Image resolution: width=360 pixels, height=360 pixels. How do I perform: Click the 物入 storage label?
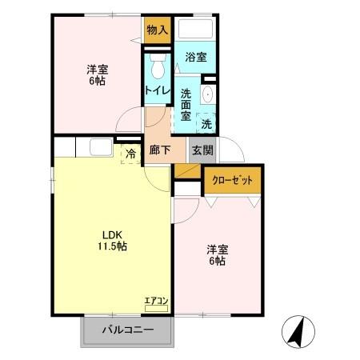(157, 30)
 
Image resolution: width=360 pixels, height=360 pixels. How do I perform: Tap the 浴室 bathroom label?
(195, 57)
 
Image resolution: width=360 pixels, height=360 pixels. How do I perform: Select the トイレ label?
(157, 90)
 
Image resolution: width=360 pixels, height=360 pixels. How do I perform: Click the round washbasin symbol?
(208, 94)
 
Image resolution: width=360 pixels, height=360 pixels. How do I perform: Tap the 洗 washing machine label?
(206, 124)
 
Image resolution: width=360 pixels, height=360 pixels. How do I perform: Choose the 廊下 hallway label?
(159, 150)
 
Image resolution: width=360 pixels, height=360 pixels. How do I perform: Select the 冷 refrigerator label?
(129, 152)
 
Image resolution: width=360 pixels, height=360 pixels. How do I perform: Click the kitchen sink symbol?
(101, 147)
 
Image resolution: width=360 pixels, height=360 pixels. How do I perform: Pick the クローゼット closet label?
(232, 181)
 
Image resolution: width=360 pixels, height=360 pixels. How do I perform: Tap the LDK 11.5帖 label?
(112, 241)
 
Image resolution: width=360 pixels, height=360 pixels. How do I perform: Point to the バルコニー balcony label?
(127, 330)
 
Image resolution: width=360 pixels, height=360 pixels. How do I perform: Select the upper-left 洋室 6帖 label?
(98, 74)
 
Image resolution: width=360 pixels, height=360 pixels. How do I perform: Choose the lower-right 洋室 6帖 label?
(217, 254)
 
